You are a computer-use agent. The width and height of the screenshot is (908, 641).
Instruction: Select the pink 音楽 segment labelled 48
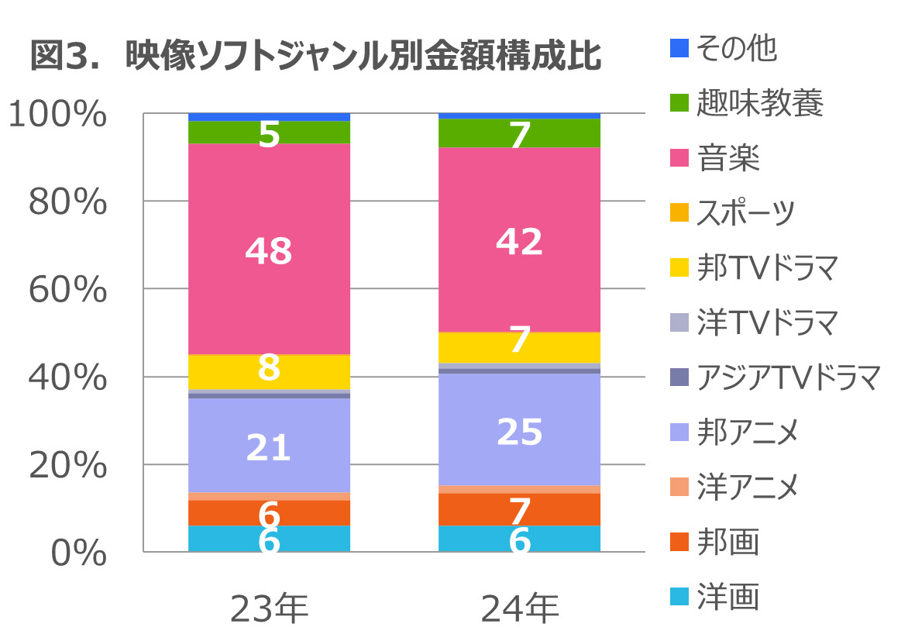pyautogui.click(x=269, y=249)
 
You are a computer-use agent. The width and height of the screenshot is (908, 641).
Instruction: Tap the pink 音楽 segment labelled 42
pyautogui.click(x=519, y=240)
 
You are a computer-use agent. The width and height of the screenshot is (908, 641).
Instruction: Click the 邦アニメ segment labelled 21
pyautogui.click(x=269, y=446)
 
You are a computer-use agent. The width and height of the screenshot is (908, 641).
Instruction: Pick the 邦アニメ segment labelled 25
pyautogui.click(x=519, y=430)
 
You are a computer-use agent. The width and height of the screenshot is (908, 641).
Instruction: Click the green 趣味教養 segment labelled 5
pyautogui.click(x=269, y=133)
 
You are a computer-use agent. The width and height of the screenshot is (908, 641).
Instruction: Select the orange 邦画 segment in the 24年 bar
pyautogui.click(x=519, y=509)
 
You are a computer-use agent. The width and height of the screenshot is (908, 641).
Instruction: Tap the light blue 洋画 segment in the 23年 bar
pyautogui.click(x=269, y=539)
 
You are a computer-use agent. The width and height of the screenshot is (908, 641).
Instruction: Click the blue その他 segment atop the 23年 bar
pyautogui.click(x=269, y=117)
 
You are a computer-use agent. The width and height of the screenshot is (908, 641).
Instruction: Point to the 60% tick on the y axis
pyautogui.click(x=68, y=290)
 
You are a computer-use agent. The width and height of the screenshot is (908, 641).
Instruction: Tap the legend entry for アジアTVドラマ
pyautogui.click(x=776, y=377)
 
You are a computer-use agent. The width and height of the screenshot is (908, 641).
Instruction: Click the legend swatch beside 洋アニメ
pyautogui.click(x=679, y=488)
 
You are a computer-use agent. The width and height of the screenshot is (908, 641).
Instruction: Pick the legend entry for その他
pyautogui.click(x=724, y=50)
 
